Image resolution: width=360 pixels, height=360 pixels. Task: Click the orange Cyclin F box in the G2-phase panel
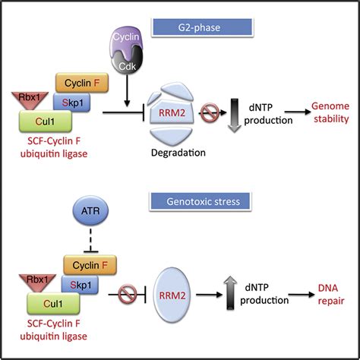89,84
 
